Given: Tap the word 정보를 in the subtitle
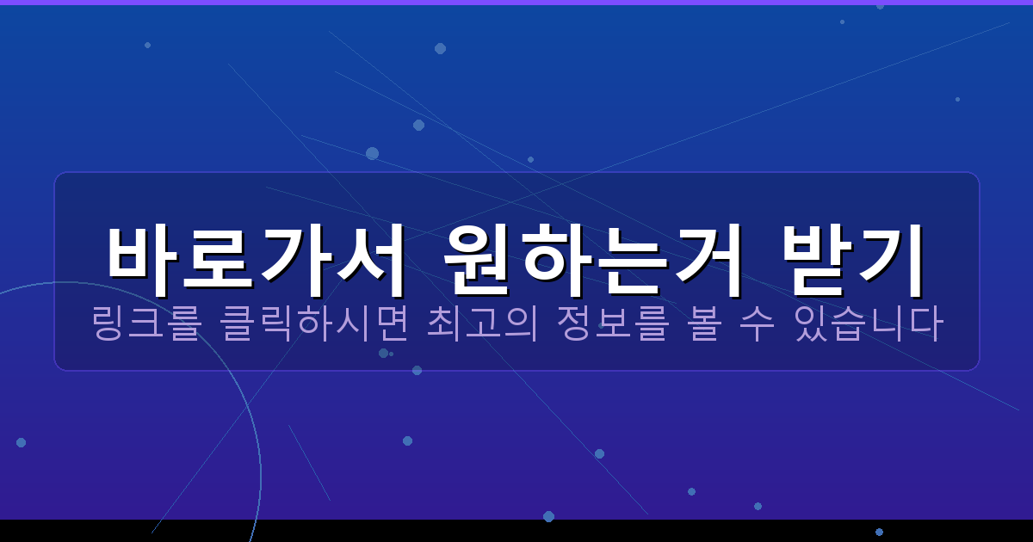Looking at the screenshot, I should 612,324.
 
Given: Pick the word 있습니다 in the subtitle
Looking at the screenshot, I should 870,324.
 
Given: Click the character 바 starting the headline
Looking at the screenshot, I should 142,251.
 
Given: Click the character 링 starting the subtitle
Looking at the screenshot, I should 108,324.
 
